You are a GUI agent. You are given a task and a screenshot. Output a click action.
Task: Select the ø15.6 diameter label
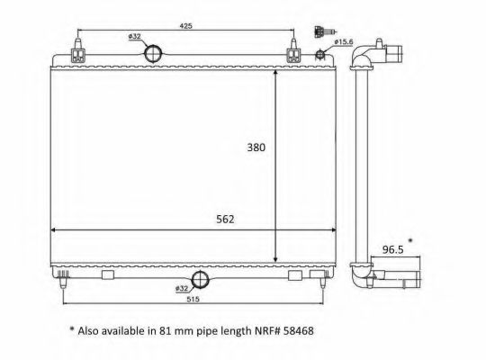click(343, 41)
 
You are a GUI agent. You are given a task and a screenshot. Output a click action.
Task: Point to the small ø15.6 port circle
click(319, 55)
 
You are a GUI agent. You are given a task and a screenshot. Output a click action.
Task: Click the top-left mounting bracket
click(78, 54)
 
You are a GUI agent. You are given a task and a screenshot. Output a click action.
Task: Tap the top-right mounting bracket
click(293, 54)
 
